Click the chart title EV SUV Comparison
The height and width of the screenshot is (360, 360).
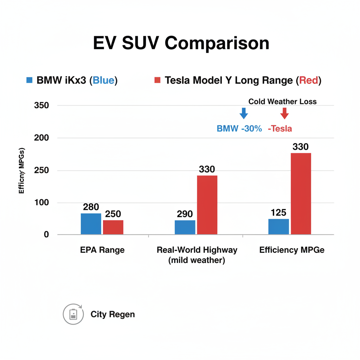pyautogui.click(x=181, y=44)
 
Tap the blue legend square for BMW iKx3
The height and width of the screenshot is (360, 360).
pyautogui.click(x=30, y=80)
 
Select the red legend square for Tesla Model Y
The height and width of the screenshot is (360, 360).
pyautogui.click(x=157, y=80)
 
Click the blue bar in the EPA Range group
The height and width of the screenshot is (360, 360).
pyautogui.click(x=91, y=224)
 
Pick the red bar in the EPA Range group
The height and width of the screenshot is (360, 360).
pyautogui.click(x=113, y=227)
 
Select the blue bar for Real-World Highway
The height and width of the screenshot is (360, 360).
pyautogui.click(x=185, y=227)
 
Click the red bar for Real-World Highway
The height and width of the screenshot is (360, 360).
pyautogui.click(x=207, y=205)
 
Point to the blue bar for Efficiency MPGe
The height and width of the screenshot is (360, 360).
pyautogui.click(x=278, y=226)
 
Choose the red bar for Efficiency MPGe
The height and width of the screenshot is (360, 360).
pyautogui.click(x=301, y=193)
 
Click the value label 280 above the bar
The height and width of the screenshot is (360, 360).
pyautogui.click(x=91, y=207)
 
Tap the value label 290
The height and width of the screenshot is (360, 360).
pyautogui.click(x=185, y=214)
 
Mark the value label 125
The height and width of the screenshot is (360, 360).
pyautogui.click(x=278, y=213)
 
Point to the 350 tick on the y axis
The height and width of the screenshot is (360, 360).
pyautogui.click(x=41, y=105)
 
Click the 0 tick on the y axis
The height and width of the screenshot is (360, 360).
pyautogui.click(x=46, y=234)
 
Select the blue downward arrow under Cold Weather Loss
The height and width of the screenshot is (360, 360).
pyautogui.click(x=243, y=113)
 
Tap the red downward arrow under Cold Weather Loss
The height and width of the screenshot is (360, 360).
pyautogui.click(x=284, y=113)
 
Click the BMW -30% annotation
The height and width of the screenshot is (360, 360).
pyautogui.click(x=239, y=129)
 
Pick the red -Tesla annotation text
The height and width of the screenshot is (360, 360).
pyautogui.click(x=280, y=129)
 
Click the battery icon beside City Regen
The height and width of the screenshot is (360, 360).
pyautogui.click(x=73, y=314)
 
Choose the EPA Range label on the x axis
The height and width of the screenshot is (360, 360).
pyautogui.click(x=102, y=250)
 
